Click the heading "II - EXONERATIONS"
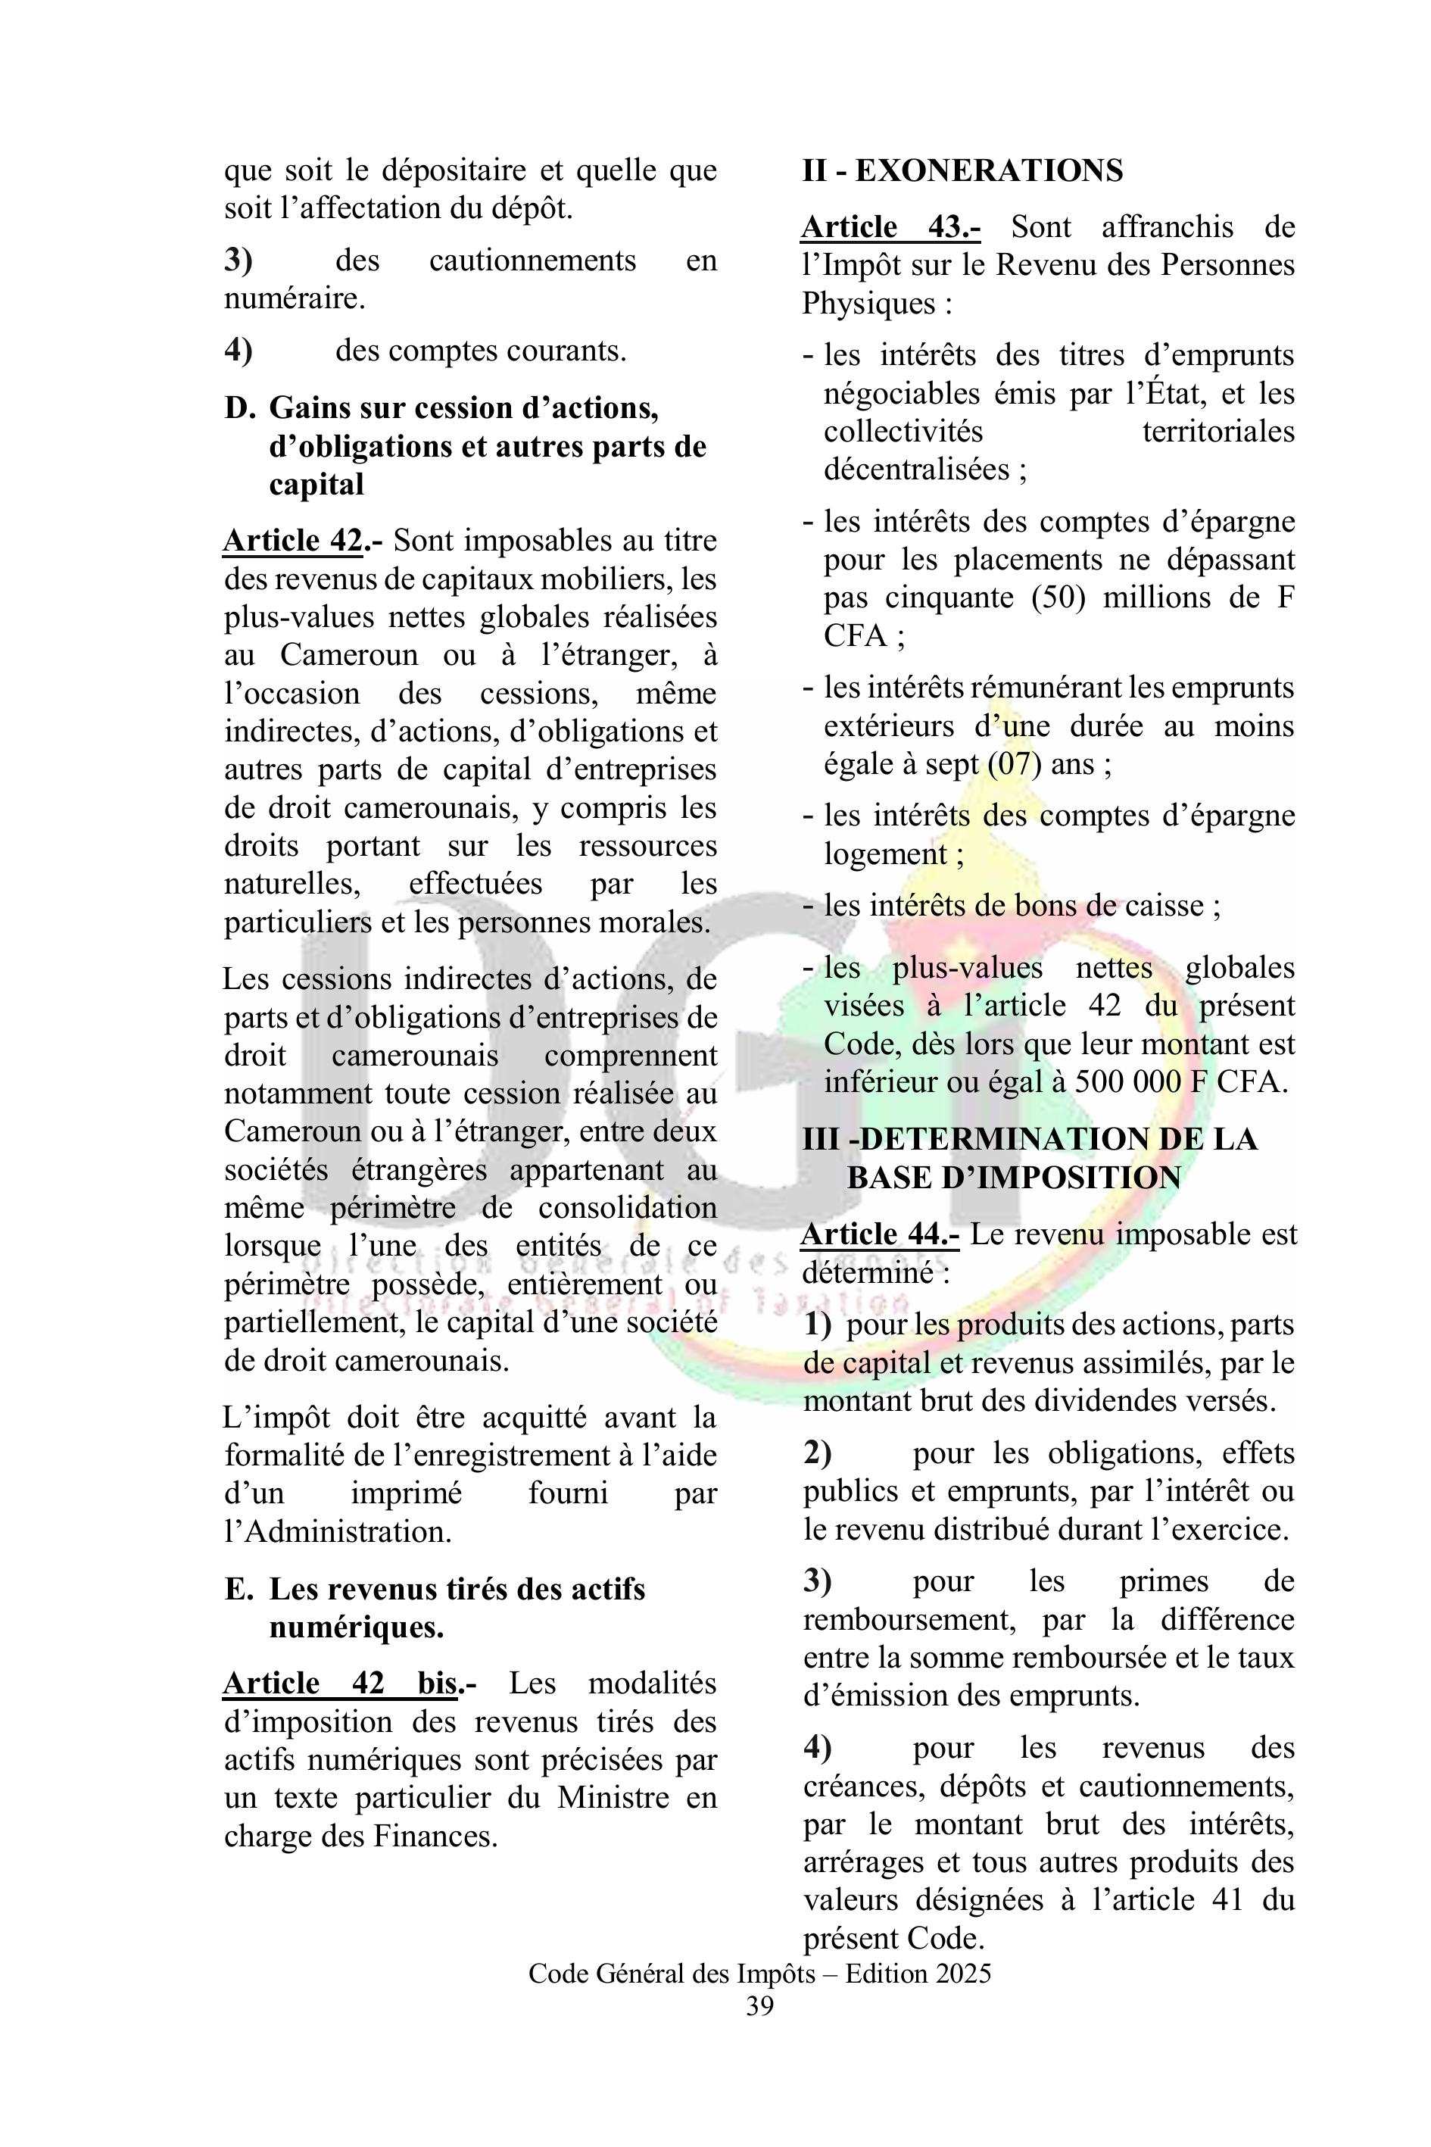pos(962,170)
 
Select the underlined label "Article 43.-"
pos(890,226)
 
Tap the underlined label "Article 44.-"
pos(880,1234)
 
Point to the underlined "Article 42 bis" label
pos(339,1682)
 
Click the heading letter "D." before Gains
pos(240,408)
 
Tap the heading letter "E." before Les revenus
pos(239,1590)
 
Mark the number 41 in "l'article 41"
pos(1226,1899)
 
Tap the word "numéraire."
pos(295,298)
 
